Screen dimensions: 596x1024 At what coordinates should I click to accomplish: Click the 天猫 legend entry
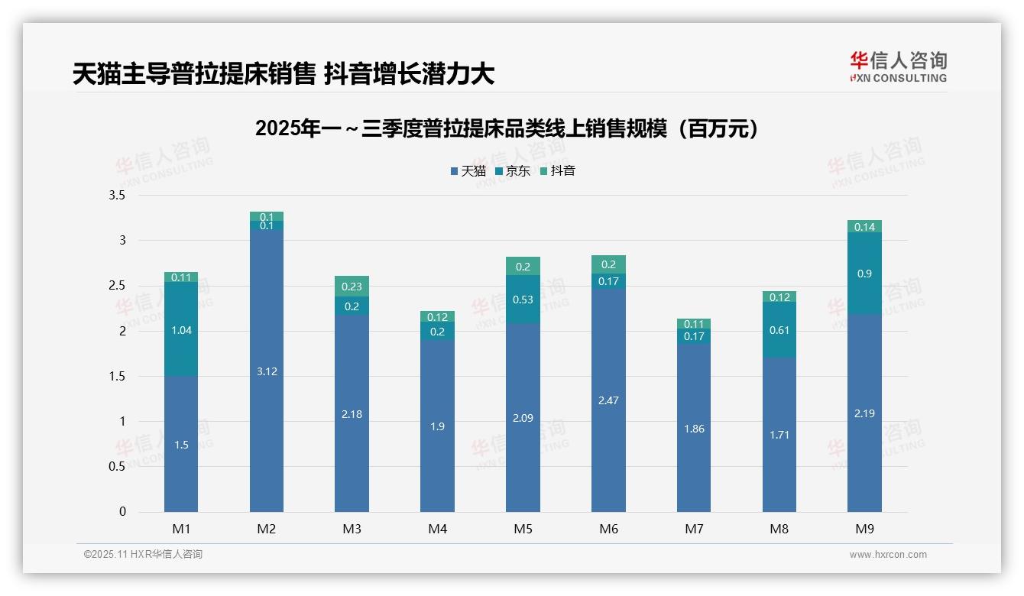[468, 171]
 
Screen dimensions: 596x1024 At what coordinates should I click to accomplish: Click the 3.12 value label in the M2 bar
[267, 371]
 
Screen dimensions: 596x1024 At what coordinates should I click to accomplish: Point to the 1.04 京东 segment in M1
[181, 330]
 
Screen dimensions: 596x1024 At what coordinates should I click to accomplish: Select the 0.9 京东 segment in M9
[864, 274]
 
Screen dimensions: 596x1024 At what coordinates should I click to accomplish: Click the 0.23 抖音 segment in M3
[352, 287]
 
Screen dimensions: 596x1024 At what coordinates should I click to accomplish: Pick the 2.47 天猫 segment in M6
[608, 400]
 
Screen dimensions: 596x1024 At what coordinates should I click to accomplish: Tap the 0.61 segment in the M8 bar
[779, 330]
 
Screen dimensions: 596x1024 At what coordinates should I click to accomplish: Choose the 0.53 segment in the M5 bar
[523, 300]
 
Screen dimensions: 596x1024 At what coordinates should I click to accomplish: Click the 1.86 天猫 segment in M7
[694, 429]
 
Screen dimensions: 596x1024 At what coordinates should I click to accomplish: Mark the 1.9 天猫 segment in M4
[437, 426]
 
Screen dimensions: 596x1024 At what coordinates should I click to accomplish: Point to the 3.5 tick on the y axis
[117, 196]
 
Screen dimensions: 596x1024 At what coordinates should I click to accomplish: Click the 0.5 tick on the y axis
[117, 467]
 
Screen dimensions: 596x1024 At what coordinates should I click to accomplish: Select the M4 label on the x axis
[437, 529]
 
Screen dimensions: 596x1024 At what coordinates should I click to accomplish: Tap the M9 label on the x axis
[864, 529]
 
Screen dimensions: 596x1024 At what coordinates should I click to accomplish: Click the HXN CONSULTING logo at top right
[898, 67]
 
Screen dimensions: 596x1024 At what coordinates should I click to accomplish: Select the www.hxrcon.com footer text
[888, 555]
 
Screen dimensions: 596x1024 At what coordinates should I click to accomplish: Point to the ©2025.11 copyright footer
[143, 555]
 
